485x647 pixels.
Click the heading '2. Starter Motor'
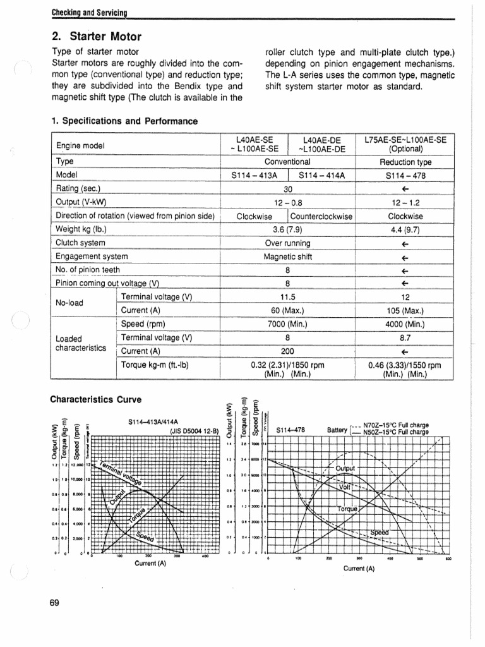[x=96, y=36]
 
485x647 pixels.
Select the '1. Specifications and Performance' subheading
[x=124, y=121]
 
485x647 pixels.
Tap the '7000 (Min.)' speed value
[x=287, y=324]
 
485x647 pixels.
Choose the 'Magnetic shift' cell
[x=287, y=257]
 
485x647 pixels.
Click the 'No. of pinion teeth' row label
[x=88, y=270]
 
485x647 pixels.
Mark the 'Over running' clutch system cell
[x=287, y=243]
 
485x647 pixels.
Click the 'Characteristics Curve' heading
[x=96, y=399]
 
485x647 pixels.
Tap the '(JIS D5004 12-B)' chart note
[x=193, y=432]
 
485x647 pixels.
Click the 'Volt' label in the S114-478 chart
[x=345, y=487]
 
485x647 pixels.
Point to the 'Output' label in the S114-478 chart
[x=346, y=468]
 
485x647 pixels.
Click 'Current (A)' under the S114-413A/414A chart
[x=150, y=564]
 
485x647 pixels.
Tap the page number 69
[x=54, y=602]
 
